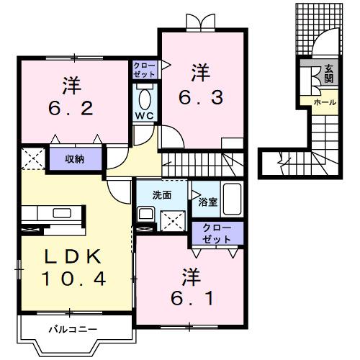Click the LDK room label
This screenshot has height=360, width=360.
point(71,257)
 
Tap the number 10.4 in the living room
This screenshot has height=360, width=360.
point(71,278)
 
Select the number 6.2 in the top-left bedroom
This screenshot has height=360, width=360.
point(70,109)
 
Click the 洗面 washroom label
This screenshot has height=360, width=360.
point(161,194)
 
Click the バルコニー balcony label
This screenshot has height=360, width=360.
point(73,330)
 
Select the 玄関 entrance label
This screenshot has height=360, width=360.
point(328,73)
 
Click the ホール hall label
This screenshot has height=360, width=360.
point(323,103)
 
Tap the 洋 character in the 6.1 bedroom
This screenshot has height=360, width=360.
point(190,275)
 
